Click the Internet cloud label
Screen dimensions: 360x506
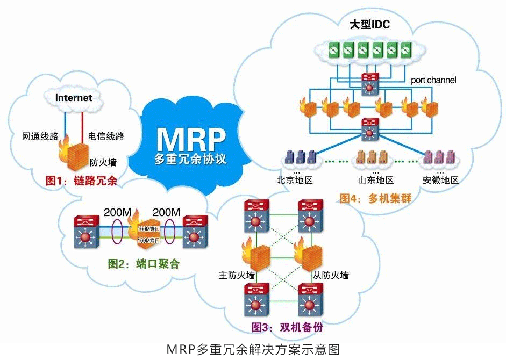(73, 98)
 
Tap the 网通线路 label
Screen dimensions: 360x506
(40, 136)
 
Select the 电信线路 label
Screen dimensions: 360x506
(106, 136)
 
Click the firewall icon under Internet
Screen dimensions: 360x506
(74, 154)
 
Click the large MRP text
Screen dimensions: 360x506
(190, 139)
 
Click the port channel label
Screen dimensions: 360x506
(433, 80)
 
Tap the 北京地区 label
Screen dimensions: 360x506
(295, 180)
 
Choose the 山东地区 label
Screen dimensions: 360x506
(375, 180)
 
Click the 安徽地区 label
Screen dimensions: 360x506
(440, 180)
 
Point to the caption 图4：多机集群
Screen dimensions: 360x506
(375, 198)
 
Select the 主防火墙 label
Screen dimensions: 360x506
(237, 276)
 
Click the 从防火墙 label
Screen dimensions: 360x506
(331, 276)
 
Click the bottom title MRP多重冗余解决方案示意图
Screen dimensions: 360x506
(253, 349)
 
